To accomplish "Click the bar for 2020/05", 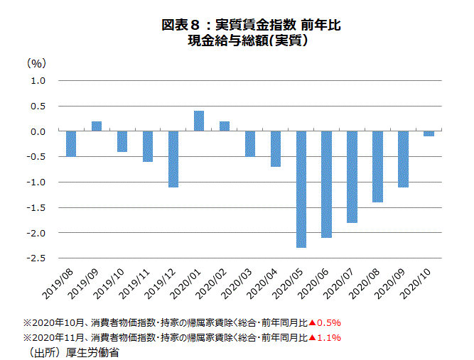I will tap(301, 189).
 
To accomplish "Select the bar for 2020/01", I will tap(199, 121).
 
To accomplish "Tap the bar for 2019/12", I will tap(173, 159).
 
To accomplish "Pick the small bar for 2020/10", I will tap(429, 133).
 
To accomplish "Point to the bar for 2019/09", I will tap(97, 126).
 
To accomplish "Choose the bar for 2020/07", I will tap(352, 177).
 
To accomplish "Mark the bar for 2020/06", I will tap(327, 184).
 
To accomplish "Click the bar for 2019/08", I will tap(71, 143).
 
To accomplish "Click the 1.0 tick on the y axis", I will tap(38, 81).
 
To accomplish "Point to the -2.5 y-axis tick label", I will tap(36, 258).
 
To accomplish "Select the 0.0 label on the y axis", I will tap(38, 131).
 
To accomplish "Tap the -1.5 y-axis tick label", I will tap(36, 207).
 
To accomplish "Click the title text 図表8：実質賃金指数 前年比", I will tap(252, 26).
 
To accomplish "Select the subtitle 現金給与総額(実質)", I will tap(252, 41).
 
